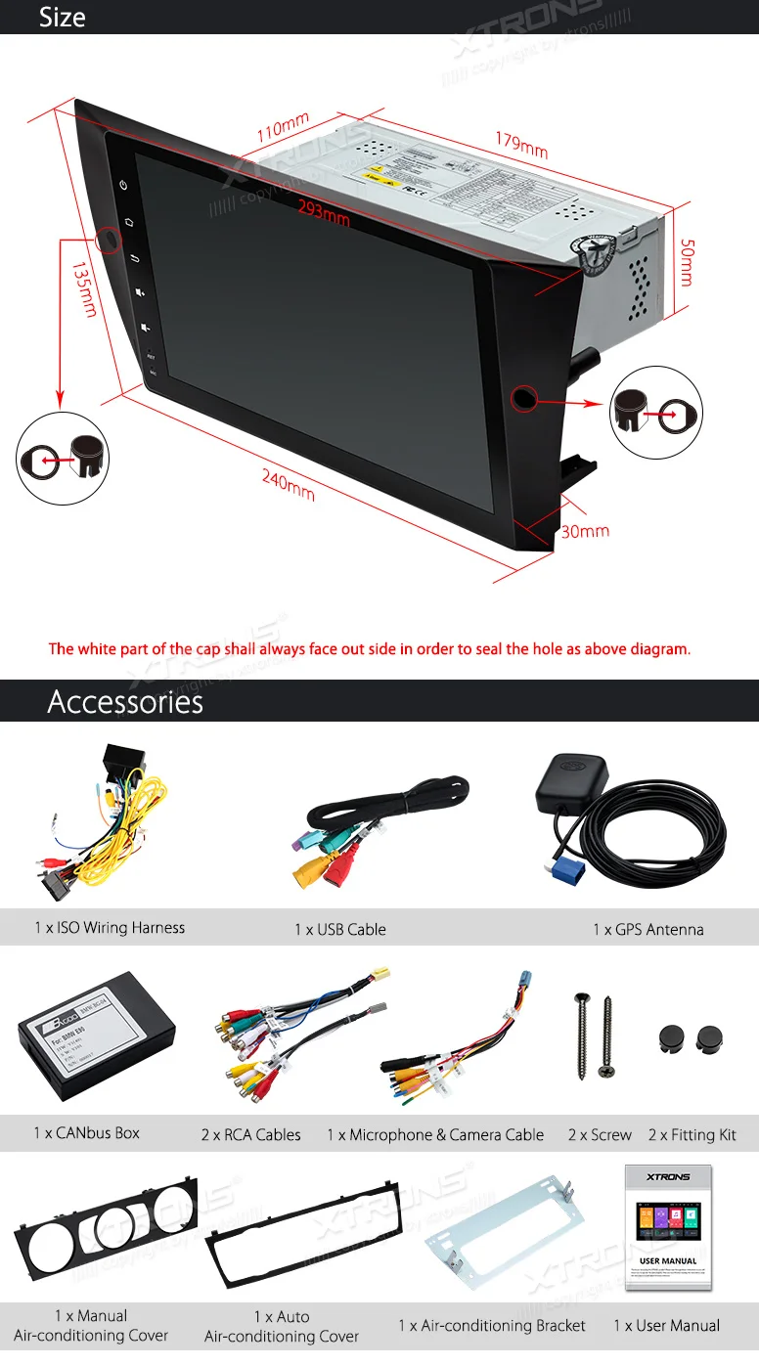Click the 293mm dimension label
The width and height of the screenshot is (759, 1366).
point(324,216)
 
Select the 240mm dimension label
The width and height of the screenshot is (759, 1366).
point(288,484)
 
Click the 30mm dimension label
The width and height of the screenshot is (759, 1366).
point(585,531)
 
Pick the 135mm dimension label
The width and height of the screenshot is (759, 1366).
point(83,288)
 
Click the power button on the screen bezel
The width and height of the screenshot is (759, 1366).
point(124,185)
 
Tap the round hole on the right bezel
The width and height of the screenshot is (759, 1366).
point(523,397)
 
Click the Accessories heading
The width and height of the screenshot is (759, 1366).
point(125,702)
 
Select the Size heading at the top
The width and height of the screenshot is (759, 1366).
point(62,17)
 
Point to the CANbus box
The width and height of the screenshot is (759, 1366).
point(96,1024)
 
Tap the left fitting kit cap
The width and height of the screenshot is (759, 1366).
point(669,1037)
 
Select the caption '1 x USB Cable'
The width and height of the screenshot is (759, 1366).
point(340,929)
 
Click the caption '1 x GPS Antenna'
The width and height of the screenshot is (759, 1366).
point(647,929)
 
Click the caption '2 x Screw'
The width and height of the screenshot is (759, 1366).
point(600,1135)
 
